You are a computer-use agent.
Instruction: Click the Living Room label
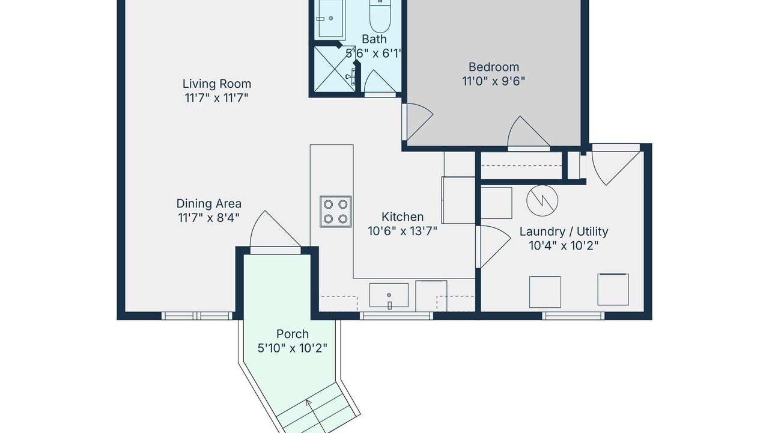217,84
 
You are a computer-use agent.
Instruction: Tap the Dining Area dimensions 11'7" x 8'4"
208,218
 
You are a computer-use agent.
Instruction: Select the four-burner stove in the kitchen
335,211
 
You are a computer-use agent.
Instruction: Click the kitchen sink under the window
389,295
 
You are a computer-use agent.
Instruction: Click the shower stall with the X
335,69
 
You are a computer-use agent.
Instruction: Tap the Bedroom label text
494,67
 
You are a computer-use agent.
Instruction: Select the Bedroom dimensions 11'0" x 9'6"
494,81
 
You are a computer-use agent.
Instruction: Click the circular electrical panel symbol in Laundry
542,201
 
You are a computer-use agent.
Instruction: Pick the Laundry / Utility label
564,232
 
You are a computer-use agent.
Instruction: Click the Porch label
293,334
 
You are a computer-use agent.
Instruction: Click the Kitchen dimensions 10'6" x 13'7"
403,232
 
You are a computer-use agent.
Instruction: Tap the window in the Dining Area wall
196,316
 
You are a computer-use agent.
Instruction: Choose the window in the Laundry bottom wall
573,316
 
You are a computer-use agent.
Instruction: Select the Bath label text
374,39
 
